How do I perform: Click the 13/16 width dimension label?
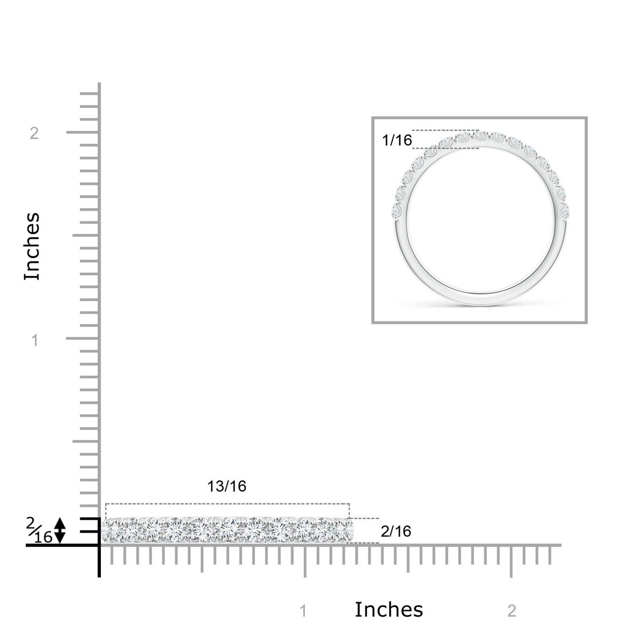coord(226,486)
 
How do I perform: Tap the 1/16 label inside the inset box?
coord(397,140)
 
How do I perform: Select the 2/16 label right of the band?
coord(396,531)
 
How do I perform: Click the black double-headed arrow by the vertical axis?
coord(60,530)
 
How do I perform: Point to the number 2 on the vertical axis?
coord(34,133)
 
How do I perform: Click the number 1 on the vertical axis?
coord(35,341)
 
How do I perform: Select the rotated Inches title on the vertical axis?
coord(32,246)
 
